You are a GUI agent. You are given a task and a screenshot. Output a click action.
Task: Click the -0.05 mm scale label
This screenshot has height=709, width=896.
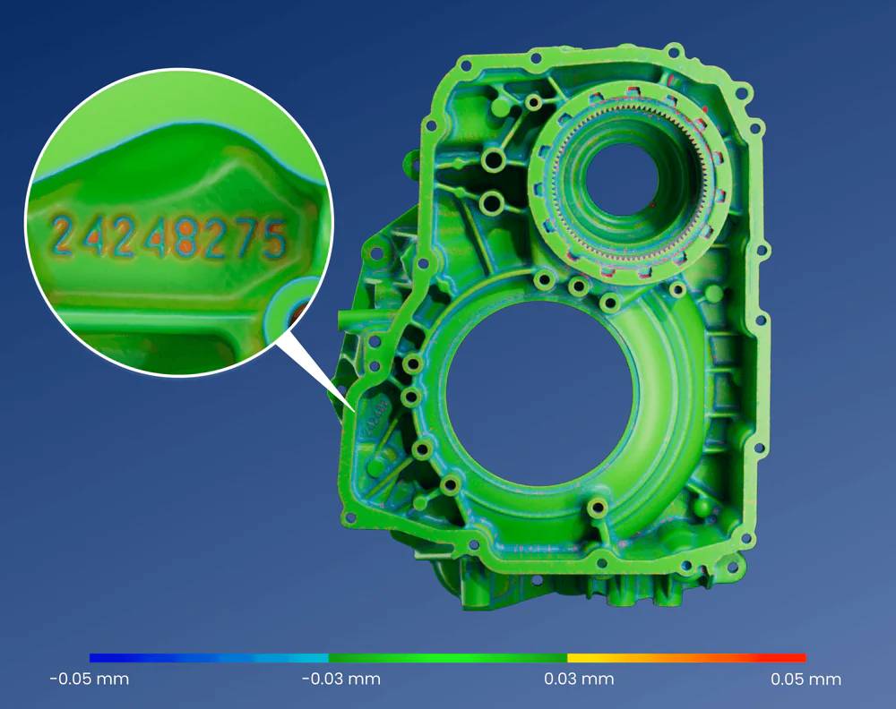pos(90,679)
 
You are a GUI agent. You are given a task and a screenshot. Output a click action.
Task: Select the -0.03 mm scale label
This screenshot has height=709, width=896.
pos(341,679)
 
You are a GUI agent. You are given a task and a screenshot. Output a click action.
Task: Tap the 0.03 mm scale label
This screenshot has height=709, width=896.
pos(579,679)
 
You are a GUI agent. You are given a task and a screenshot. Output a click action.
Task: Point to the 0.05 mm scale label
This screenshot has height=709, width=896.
pos(806,679)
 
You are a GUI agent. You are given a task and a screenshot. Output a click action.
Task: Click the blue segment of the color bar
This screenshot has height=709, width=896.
pos(209,658)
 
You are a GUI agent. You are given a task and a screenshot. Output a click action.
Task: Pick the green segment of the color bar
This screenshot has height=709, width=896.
pos(448,658)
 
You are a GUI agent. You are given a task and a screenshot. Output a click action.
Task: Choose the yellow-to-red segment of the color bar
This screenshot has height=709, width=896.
pos(687,658)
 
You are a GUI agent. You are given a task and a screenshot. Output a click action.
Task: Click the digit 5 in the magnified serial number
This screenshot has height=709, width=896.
pos(275,240)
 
